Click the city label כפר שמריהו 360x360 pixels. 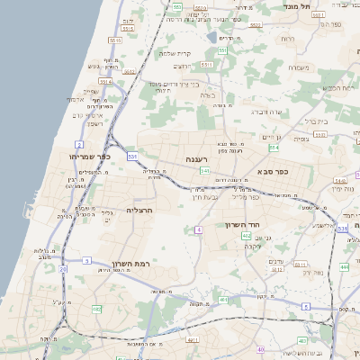[x=90, y=156]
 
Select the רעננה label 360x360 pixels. [x=198, y=159]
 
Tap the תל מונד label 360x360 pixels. [x=297, y=6]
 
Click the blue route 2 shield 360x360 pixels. [x=79, y=144]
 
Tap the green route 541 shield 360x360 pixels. [x=205, y=170]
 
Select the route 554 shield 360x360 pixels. [x=274, y=148]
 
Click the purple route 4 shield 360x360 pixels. [x=198, y=230]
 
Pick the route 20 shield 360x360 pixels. [x=63, y=269]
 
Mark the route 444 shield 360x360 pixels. [x=344, y=267]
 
